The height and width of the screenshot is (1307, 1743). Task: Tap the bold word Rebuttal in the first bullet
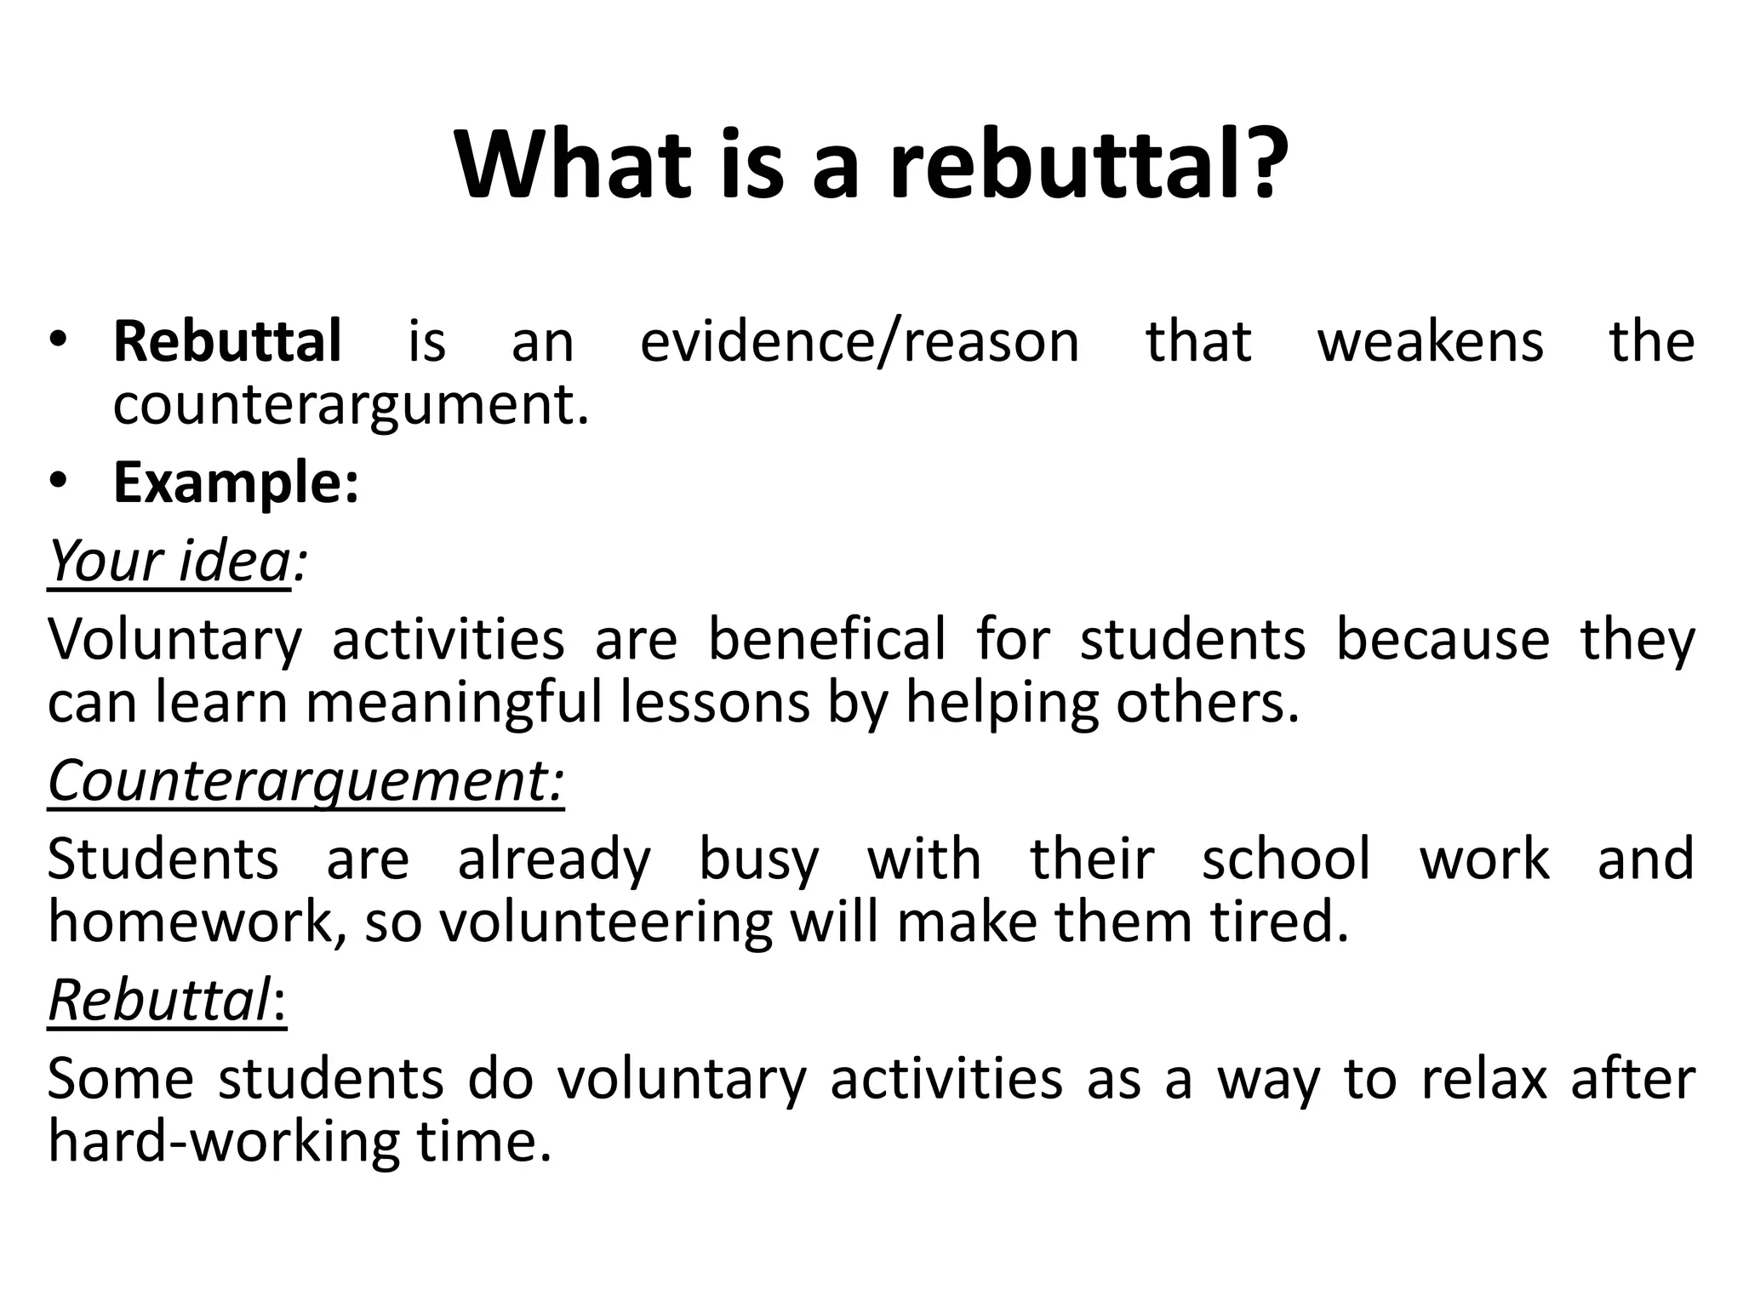pyautogui.click(x=227, y=341)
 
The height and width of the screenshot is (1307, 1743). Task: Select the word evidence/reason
pyautogui.click(x=860, y=341)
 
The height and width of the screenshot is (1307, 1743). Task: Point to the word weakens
pyautogui.click(x=1430, y=341)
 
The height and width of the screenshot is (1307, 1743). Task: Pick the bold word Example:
pyautogui.click(x=236, y=482)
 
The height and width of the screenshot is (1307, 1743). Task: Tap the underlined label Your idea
pyautogui.click(x=169, y=561)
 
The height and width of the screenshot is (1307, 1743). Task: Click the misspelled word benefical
pyautogui.click(x=826, y=639)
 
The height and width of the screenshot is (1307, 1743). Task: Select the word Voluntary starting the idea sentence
pyautogui.click(x=174, y=639)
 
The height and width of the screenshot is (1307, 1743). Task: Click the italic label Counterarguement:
pyautogui.click(x=306, y=780)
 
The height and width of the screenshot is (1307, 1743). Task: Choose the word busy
pyautogui.click(x=758, y=859)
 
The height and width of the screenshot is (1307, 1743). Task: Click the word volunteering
pyautogui.click(x=606, y=923)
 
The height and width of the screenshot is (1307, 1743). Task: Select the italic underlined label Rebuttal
pyautogui.click(x=159, y=1000)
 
